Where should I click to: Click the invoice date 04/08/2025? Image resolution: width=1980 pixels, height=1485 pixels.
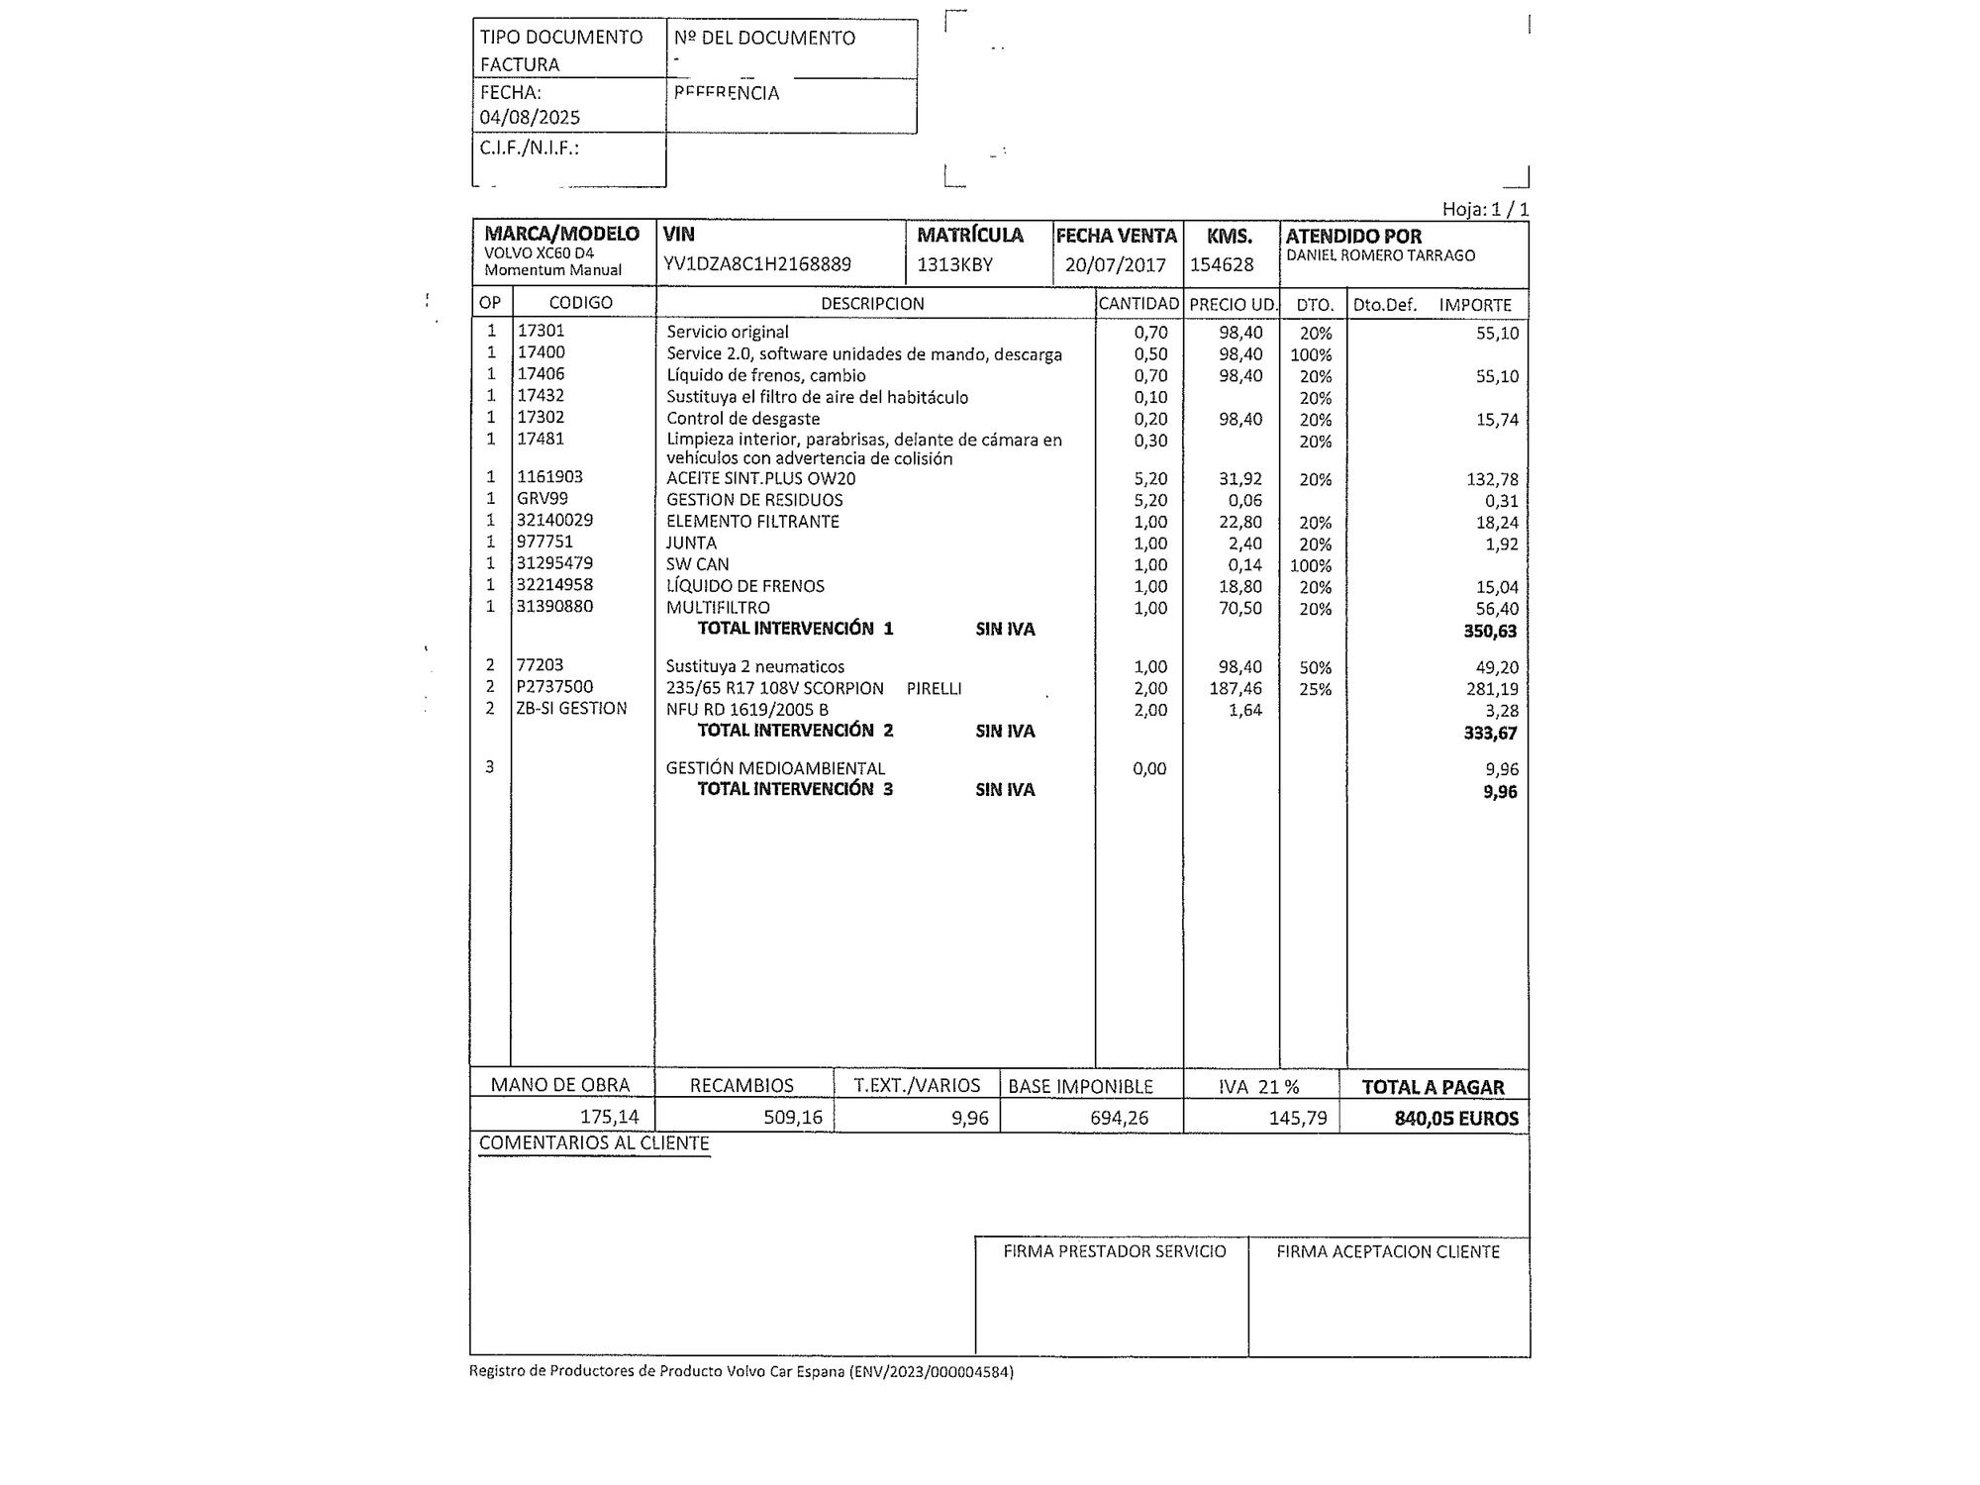(530, 117)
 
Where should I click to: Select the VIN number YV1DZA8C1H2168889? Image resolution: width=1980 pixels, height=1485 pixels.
(757, 264)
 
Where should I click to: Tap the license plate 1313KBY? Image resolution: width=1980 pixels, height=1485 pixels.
(954, 264)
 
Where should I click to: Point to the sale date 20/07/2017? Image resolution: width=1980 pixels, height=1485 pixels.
(1116, 265)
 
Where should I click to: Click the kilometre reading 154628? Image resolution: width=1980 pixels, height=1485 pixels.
(1222, 265)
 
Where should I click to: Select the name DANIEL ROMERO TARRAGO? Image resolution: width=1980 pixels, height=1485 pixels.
(1380, 255)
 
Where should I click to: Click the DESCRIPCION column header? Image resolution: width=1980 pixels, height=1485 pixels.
(872, 304)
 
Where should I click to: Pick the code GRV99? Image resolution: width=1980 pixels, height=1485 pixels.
(543, 499)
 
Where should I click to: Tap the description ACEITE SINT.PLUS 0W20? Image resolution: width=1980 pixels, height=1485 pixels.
(760, 479)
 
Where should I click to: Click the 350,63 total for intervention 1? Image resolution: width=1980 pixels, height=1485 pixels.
(1490, 632)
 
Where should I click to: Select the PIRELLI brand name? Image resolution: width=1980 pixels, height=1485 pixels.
(934, 689)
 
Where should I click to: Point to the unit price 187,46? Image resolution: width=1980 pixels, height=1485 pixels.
(1236, 689)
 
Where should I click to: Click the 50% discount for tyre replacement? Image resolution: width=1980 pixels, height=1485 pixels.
(1315, 668)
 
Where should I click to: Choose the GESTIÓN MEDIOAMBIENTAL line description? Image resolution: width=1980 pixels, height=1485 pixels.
(775, 768)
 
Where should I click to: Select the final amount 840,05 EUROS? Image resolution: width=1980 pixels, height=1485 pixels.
(1455, 1119)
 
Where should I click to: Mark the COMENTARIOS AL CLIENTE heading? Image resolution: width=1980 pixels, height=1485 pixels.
(594, 1143)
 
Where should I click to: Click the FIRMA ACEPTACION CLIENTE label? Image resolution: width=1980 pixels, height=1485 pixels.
(1387, 1252)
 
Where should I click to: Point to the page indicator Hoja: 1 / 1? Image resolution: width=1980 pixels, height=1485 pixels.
(1485, 210)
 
